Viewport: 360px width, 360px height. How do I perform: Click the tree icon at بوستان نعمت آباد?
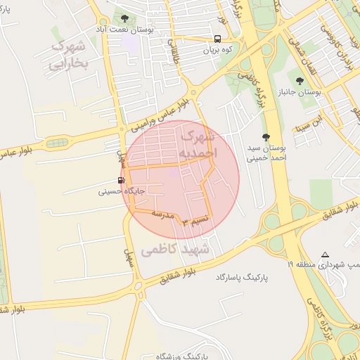pos(124,19)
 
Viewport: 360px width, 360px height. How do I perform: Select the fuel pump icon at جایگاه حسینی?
pos(122,180)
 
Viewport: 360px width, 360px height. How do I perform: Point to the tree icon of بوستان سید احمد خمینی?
pos(266,137)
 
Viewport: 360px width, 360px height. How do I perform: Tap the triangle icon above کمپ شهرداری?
pos(325,255)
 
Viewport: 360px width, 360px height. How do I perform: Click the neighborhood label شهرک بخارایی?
pos(68,55)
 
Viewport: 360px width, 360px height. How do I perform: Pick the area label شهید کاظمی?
pos(176,250)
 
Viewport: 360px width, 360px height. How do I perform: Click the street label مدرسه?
pos(163,212)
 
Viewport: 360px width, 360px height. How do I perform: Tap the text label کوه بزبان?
pos(217,51)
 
